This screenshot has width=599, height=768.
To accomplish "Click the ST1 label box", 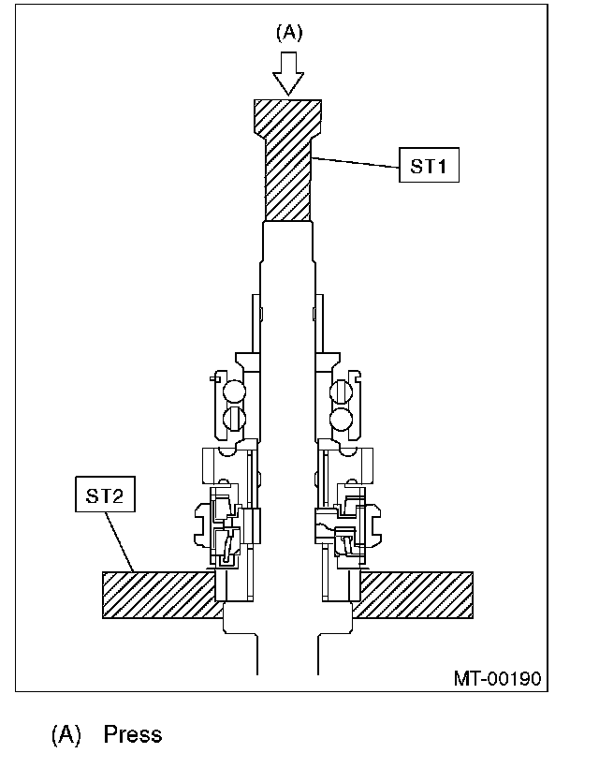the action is point(429,165).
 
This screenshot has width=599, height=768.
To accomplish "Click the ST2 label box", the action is point(105,495).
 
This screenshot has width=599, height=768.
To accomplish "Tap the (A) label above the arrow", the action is point(289,33).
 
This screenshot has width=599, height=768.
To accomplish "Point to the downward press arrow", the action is point(288,73).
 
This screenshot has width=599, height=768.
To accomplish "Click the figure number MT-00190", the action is point(498,679).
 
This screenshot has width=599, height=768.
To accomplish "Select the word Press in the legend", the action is point(133,734).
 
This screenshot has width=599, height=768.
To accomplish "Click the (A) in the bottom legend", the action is point(66,734).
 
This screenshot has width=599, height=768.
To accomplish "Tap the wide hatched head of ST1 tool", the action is point(287,118).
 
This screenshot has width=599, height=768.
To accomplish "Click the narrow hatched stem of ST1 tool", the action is point(287,179).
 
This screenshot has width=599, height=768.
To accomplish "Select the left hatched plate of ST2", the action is point(159,595).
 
